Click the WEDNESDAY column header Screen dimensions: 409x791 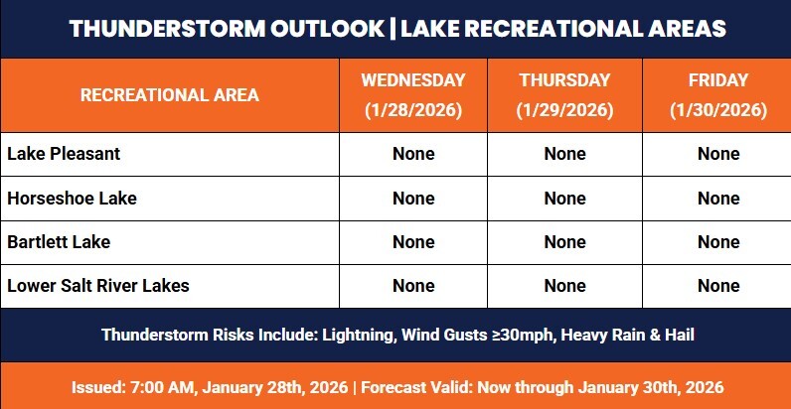click(413, 78)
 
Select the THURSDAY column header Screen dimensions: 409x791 click(564, 78)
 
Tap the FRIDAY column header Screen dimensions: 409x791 click(717, 78)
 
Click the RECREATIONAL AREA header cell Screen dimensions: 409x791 click(169, 95)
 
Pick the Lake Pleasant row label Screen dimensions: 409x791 click(64, 154)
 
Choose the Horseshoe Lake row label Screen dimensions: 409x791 click(72, 198)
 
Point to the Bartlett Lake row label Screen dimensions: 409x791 click(59, 241)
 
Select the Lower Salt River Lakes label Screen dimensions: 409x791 click(98, 286)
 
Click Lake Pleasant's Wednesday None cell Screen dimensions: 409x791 click(413, 154)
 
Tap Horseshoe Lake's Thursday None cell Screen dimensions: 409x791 click(564, 198)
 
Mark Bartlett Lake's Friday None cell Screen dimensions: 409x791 click(717, 241)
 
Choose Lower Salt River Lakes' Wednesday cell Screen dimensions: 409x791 click(413, 286)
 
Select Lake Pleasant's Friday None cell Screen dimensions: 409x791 click(717, 154)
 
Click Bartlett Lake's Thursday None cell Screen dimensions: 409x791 click(564, 241)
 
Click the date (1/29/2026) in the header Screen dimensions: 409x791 click(564, 109)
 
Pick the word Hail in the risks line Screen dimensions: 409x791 click(676, 335)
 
